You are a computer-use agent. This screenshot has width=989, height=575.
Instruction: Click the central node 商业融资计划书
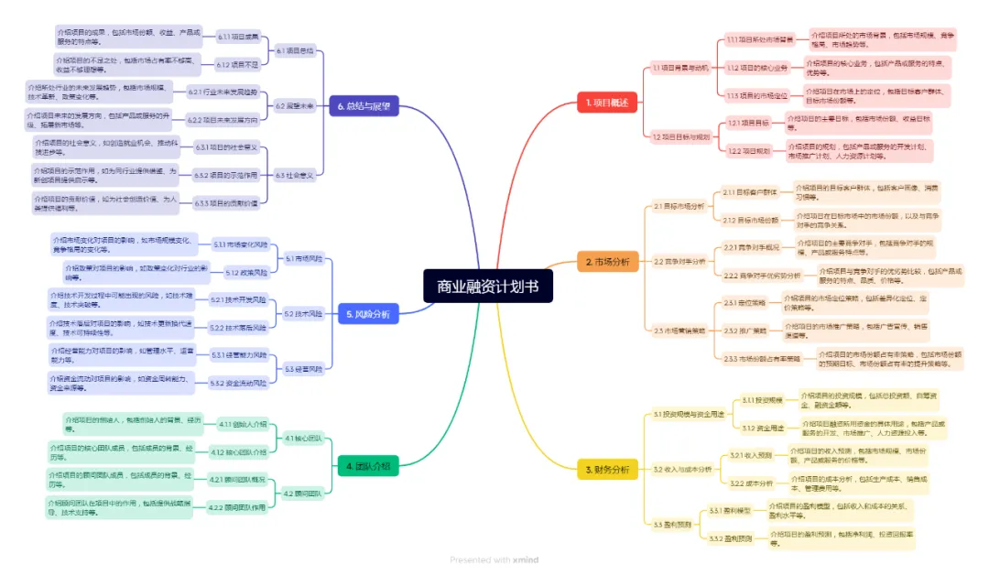[488, 287]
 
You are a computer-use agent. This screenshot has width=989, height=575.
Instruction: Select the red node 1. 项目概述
[607, 103]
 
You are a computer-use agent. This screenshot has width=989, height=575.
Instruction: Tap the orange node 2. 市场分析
[607, 262]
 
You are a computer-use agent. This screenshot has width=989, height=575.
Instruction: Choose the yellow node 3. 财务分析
[607, 470]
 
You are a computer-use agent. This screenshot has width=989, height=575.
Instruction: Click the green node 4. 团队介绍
[368, 466]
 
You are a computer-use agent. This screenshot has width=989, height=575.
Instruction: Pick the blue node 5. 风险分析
[368, 314]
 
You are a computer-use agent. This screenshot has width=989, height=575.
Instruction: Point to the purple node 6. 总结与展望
[364, 106]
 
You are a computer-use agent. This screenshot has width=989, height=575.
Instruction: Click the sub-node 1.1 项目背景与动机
[680, 68]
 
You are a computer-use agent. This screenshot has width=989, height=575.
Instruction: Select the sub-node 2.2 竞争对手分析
[679, 261]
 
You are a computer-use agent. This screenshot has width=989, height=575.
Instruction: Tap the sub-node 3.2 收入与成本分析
[682, 470]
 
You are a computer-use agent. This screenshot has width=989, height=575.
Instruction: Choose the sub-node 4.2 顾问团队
[302, 494]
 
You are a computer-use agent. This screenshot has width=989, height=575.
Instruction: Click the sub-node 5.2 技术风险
[301, 314]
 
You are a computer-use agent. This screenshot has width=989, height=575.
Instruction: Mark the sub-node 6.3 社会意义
[295, 174]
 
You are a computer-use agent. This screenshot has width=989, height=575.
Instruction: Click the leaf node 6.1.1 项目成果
[238, 38]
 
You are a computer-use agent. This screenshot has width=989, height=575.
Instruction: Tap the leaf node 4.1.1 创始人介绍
[243, 425]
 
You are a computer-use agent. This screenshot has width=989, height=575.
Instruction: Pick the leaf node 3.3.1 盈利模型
[730, 511]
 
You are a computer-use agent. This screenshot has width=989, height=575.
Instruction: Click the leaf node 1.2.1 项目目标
[748, 123]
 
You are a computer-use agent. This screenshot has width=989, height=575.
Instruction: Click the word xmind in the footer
[526, 559]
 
